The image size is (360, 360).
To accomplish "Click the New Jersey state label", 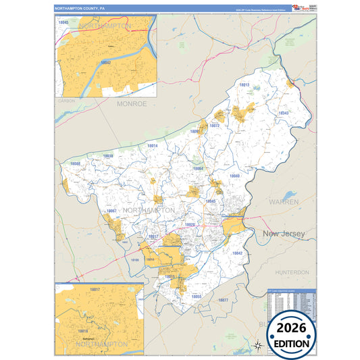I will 284,234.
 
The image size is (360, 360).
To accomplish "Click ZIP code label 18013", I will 244,85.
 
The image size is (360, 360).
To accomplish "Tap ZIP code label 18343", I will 282,113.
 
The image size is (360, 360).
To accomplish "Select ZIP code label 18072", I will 215,126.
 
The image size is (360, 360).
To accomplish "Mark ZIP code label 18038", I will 107,156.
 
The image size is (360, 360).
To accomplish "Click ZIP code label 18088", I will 75,164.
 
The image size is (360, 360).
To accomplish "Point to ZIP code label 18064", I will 198,168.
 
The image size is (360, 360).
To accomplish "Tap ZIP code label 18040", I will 234,176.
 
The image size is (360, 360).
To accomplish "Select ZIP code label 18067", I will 111,211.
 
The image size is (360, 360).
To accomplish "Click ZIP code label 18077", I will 224,299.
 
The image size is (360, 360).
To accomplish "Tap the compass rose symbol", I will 257,346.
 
